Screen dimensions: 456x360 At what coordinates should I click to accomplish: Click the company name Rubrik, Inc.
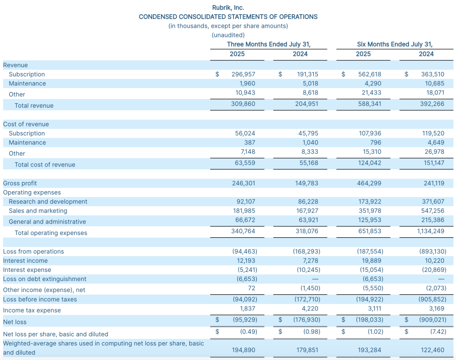click(228, 8)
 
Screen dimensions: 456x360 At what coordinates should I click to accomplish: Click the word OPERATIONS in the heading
click(298, 16)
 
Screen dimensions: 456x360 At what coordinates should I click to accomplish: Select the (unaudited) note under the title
click(228, 35)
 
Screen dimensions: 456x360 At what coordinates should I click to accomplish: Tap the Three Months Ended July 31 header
click(269, 44)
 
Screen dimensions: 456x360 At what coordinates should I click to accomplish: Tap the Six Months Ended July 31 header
click(394, 44)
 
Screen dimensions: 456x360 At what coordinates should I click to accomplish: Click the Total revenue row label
click(34, 106)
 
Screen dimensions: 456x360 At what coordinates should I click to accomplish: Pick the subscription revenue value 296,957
click(243, 74)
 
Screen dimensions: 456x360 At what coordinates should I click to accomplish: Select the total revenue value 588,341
click(370, 104)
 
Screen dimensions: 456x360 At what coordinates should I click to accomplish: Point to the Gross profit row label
click(20, 183)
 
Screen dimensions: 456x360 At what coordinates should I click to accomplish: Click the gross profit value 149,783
click(306, 183)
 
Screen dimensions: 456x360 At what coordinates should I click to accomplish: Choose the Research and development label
click(48, 202)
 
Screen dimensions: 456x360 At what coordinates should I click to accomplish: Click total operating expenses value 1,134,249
click(430, 231)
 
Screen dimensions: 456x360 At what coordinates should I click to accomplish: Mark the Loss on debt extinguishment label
click(45, 279)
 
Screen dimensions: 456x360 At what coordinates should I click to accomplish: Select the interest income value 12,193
click(246, 261)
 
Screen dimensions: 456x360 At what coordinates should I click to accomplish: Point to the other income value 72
click(252, 288)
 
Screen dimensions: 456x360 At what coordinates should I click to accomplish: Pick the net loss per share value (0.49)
click(249, 332)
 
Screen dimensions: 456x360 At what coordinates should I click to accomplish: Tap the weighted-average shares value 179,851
click(306, 350)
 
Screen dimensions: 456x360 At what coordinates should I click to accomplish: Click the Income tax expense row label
click(32, 311)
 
